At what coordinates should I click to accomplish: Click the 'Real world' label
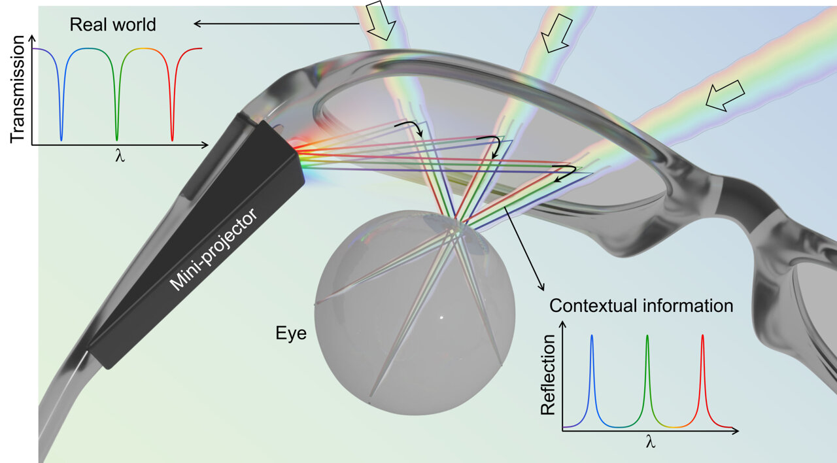[112, 26]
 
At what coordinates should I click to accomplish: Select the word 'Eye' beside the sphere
[288, 335]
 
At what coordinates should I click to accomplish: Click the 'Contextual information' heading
[641, 305]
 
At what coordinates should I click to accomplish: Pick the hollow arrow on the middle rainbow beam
[557, 33]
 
